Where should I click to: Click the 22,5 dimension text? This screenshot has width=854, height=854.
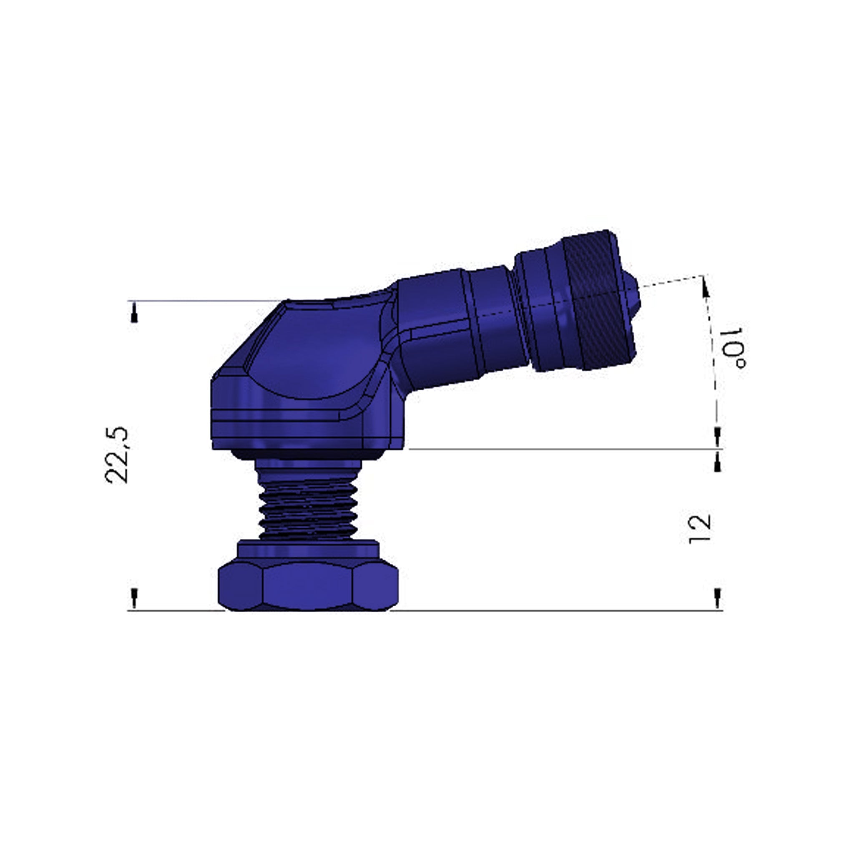[x=117, y=455]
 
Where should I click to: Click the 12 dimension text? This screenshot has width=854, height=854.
[x=701, y=529]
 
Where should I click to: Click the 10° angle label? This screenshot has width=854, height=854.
[x=732, y=348]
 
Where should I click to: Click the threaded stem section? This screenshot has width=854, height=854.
[x=309, y=508]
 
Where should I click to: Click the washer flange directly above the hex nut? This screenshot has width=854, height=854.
[x=308, y=550]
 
